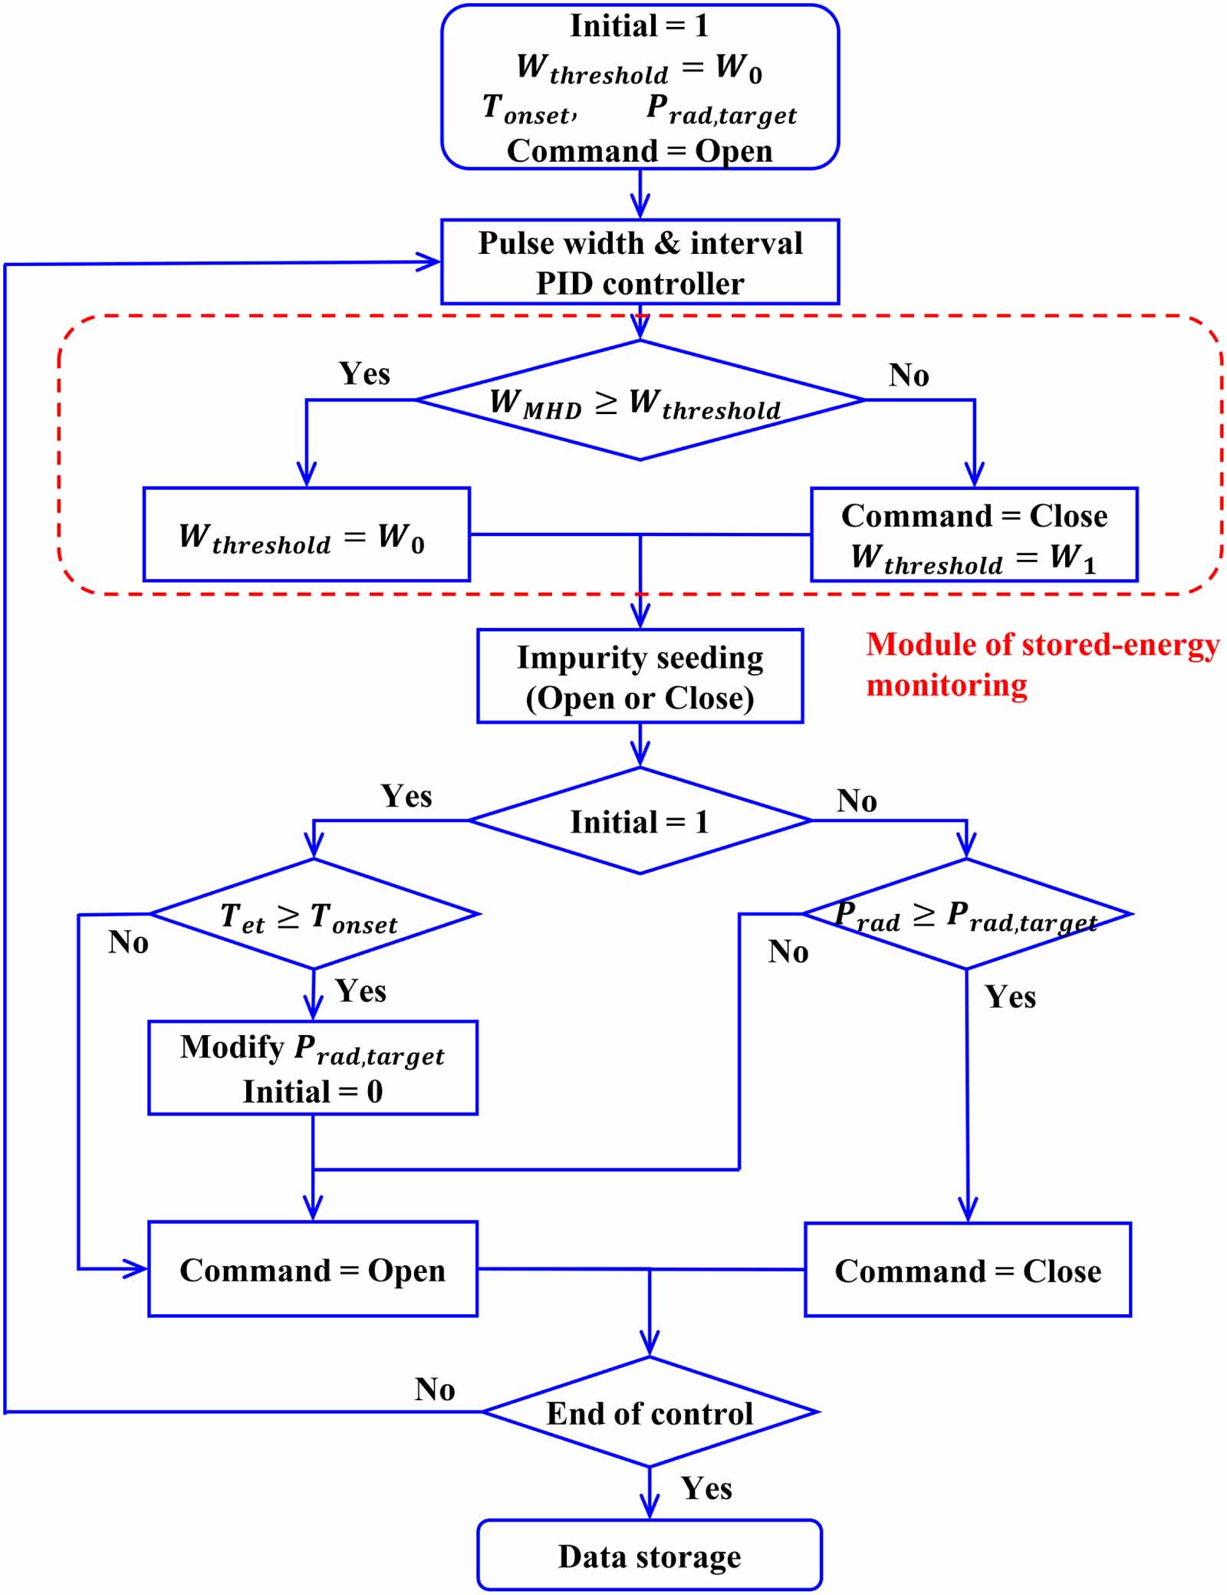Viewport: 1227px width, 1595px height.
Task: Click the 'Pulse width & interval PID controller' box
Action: click(640, 262)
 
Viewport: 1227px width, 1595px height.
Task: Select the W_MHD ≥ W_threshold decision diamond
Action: click(640, 400)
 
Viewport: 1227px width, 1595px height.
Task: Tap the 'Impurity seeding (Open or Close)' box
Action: click(640, 676)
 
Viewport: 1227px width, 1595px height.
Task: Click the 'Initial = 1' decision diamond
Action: click(640, 821)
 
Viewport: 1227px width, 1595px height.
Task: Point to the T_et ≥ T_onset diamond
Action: click(313, 915)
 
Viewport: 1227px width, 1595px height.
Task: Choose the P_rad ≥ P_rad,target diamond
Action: click(966, 915)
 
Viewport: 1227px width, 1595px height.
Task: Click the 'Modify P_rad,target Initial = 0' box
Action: click(313, 1067)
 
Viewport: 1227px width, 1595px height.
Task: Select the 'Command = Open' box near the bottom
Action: click(313, 1270)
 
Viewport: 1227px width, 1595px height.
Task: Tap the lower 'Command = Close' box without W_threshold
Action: click(968, 1271)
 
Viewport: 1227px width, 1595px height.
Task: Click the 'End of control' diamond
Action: click(650, 1412)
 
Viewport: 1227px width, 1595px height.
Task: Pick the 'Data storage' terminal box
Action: click(650, 1556)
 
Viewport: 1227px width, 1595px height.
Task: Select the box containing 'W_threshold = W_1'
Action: click(974, 534)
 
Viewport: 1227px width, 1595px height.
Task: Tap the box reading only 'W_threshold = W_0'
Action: click(306, 534)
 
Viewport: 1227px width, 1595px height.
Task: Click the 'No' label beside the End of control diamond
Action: click(435, 1389)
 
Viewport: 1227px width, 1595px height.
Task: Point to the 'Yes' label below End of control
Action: click(706, 1488)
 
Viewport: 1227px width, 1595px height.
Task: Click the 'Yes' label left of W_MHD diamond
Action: click(364, 374)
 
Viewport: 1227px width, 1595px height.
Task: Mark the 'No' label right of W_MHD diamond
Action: click(909, 375)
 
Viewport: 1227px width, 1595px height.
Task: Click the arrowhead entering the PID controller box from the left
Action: click(429, 261)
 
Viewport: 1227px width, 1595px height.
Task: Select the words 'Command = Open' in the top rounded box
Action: click(640, 151)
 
